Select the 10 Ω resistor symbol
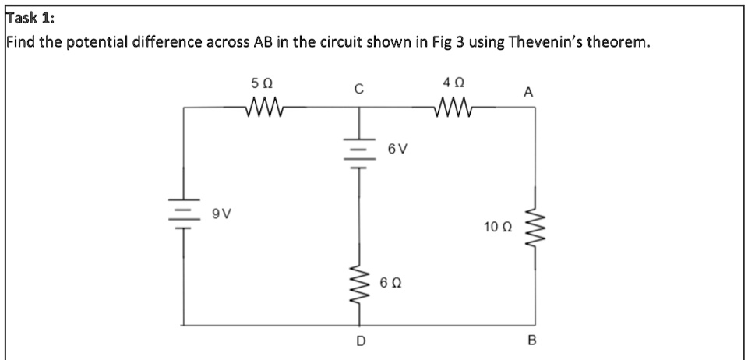[535, 227]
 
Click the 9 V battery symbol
[185, 212]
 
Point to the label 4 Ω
[453, 82]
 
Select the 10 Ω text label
[496, 227]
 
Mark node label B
[533, 341]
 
